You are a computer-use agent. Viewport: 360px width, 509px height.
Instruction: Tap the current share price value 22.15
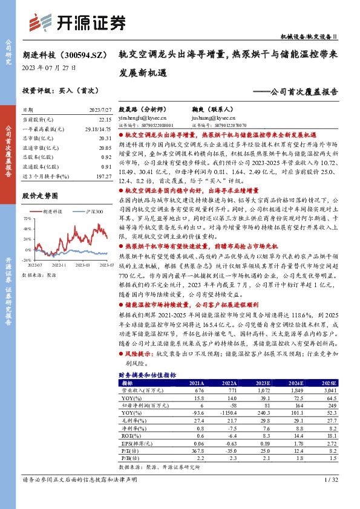point(104,120)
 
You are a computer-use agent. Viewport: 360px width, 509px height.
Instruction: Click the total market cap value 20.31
point(104,138)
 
